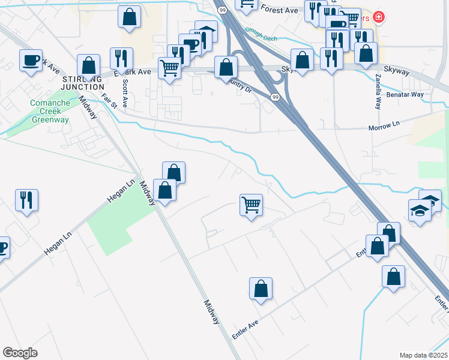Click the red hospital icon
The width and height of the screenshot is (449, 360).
379,17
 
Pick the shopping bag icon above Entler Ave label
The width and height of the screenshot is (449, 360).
261,288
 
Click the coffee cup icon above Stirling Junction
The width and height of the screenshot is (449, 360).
31,60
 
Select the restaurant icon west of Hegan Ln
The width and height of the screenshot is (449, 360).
26,200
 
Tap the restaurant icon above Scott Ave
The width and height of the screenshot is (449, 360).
122,58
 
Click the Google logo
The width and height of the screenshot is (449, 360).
20,353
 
